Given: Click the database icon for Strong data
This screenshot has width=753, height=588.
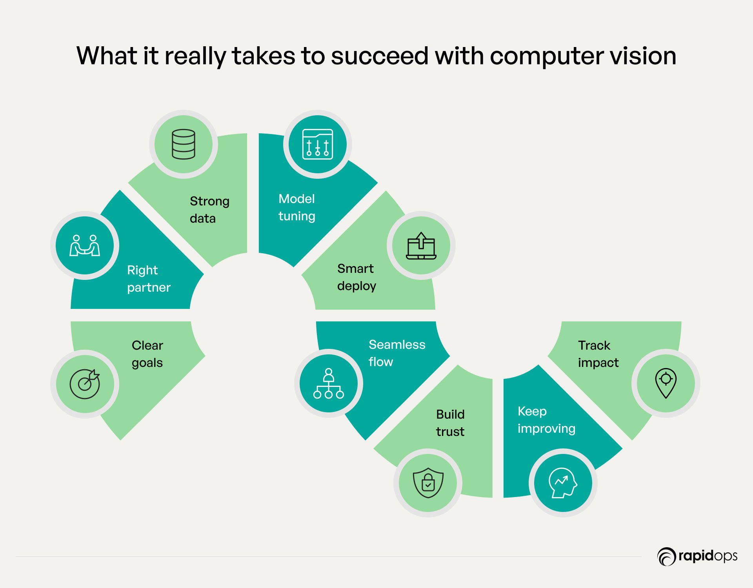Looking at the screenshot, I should pos(183,144).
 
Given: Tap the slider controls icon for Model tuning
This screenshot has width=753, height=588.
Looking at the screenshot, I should pos(317,144).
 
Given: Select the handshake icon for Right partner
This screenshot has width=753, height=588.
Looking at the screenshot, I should pos(85,246).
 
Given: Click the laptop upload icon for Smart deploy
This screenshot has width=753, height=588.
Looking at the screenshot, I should pos(421,246).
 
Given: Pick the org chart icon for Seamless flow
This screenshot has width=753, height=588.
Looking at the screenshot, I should pos(329,383).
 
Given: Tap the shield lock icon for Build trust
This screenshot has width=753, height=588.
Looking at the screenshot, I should pos(428,483).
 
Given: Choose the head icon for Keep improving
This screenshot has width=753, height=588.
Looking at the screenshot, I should pos(563,483).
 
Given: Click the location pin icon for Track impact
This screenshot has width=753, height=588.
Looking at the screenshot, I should pos(666,383).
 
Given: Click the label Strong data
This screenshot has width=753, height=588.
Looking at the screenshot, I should pos(209,210).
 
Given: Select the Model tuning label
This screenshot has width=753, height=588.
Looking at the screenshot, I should pos(297,207).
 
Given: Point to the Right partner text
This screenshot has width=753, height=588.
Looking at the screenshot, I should pos(149,279).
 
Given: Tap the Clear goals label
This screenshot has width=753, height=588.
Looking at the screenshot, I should pos(147,354).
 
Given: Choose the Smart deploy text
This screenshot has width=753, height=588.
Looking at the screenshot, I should pos(356,277).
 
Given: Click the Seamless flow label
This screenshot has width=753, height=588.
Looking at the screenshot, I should pos(397,353).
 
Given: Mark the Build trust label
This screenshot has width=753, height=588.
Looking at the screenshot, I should pos(450,423).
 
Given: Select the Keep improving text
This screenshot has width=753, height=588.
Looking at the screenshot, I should pos(546,420).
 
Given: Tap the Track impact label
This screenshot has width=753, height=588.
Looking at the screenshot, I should pos(598,354).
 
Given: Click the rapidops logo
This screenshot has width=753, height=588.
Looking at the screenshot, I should pos(697,556).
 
